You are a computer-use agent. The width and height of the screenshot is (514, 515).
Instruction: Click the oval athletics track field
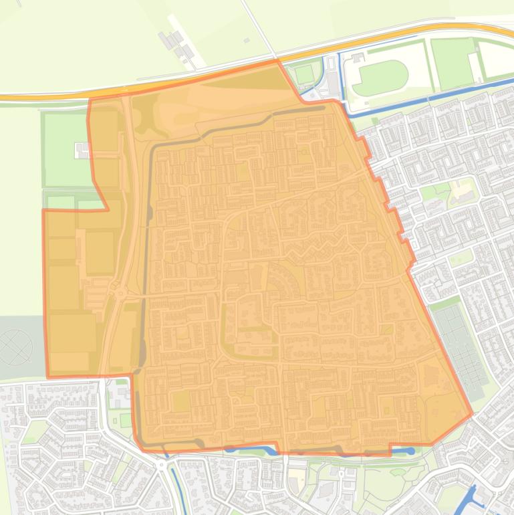pos(380,78)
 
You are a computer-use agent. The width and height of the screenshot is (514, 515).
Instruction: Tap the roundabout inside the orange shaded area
pos(120,292)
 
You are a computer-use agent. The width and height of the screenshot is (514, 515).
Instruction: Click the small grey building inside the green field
pos(82,150)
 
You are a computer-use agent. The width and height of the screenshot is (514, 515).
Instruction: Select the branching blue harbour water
pos(471,498)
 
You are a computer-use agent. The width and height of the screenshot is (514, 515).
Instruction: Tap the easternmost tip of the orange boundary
pos(473,414)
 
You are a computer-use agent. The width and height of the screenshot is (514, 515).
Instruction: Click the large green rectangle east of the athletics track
pos(453,56)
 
